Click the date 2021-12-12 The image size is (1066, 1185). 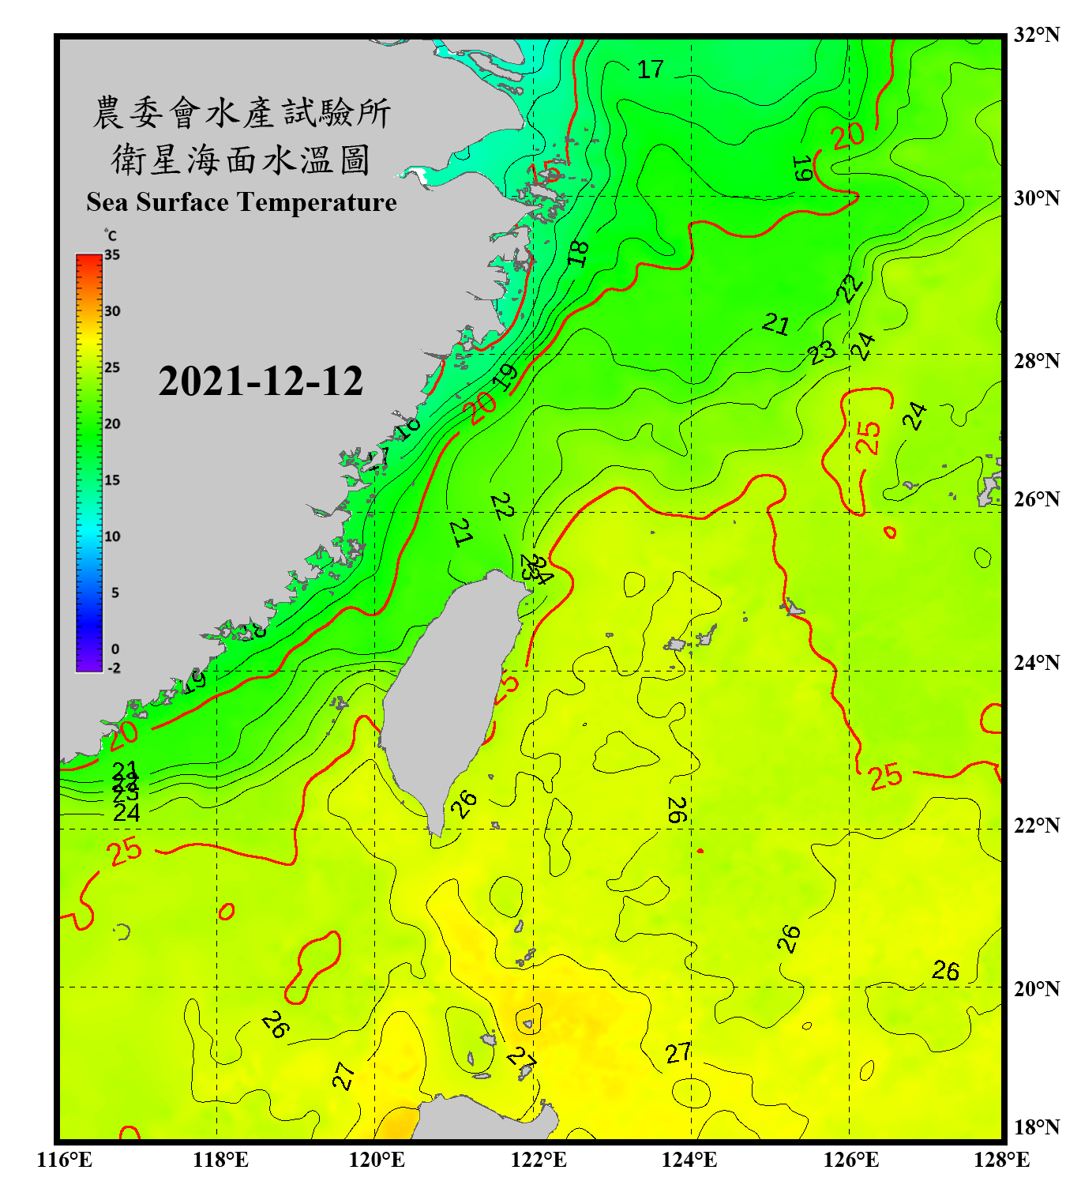(x=261, y=382)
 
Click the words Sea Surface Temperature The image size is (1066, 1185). (x=242, y=202)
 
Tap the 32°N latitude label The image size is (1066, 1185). (x=1036, y=35)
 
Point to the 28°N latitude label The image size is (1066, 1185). (x=1036, y=361)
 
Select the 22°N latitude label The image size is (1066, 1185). (x=1036, y=826)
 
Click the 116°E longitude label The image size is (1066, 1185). (x=65, y=1160)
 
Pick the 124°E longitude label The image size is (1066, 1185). (x=689, y=1160)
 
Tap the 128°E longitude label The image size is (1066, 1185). (x=1001, y=1160)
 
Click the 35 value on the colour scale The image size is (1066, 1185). (x=112, y=255)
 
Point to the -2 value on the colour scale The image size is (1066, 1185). (x=114, y=668)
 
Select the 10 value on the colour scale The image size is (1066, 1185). (x=112, y=536)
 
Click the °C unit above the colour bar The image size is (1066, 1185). (x=111, y=235)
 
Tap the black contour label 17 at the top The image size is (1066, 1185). (x=651, y=70)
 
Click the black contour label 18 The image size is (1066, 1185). (x=579, y=253)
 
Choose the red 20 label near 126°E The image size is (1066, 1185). (x=848, y=137)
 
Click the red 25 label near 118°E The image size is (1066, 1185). (x=126, y=852)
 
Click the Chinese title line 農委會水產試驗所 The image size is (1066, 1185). (x=242, y=113)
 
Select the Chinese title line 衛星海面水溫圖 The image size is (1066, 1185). (x=242, y=160)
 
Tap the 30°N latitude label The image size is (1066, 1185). (x=1036, y=198)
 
